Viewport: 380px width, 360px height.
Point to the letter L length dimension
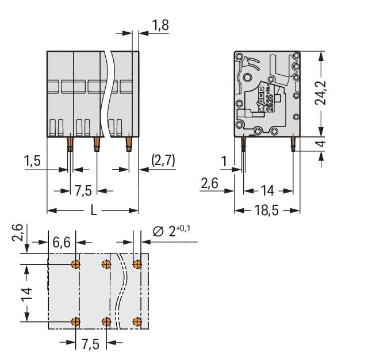point(93,210)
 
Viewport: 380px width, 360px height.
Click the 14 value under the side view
point(268,190)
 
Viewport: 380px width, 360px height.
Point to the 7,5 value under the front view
point(84,190)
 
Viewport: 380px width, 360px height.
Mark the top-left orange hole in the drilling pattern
point(76,265)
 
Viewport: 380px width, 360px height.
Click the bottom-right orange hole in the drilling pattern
point(137,321)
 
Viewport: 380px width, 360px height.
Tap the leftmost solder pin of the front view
point(70,143)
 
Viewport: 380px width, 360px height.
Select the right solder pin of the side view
point(293,143)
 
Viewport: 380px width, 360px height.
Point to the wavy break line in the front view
point(108,92)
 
